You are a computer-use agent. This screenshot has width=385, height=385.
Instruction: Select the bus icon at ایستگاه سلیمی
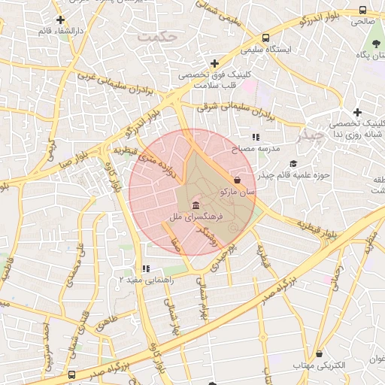tap(266, 37)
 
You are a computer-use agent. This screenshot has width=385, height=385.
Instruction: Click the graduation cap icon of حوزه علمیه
tap(293, 163)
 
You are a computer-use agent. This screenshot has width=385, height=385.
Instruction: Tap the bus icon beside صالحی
tap(362, 11)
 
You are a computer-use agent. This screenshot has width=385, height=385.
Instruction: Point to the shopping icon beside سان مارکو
tap(238, 180)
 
